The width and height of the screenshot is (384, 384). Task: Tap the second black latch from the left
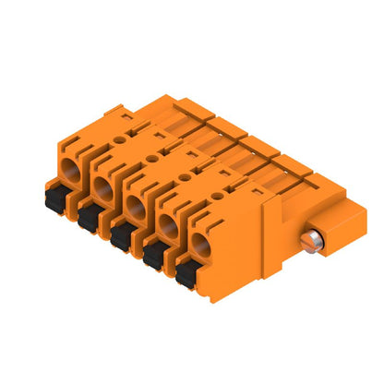click(x=89, y=217)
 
